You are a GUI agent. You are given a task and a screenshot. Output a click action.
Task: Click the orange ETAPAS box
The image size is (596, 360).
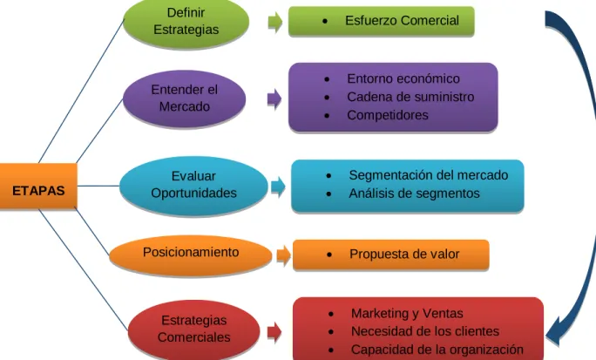(38, 187)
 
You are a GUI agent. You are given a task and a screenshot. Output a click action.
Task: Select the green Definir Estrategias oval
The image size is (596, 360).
(186, 22)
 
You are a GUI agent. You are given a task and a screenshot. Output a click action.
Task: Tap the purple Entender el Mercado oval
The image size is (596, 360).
(185, 98)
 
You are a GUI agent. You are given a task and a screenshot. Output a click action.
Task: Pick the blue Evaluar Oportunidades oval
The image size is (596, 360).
(193, 187)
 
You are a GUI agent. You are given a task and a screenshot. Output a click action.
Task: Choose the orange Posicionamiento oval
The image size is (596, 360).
(191, 255)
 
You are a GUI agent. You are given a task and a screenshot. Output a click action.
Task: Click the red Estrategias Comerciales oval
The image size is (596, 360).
(193, 330)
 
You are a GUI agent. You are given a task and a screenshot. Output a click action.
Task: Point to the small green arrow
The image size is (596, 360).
(275, 23)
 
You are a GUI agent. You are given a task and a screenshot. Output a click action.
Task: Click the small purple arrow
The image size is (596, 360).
(274, 99)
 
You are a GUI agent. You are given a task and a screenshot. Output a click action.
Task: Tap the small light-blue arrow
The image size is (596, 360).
(278, 187)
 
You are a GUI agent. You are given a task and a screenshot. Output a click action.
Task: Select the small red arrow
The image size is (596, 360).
(274, 331)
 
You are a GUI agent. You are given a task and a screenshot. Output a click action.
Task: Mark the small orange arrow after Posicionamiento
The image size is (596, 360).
(283, 255)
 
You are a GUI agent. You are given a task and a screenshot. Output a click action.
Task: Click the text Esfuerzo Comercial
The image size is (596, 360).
(402, 21)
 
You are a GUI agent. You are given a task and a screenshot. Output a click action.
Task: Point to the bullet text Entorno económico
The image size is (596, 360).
(403, 78)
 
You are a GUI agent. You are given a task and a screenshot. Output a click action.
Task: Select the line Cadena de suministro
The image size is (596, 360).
(410, 97)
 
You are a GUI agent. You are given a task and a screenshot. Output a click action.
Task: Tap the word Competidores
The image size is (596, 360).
(388, 115)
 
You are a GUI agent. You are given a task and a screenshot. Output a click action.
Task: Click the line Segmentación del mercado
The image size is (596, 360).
(429, 175)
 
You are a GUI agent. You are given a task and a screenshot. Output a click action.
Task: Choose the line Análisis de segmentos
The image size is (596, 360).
(414, 194)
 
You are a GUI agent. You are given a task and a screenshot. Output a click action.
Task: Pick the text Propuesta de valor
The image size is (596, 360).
(404, 254)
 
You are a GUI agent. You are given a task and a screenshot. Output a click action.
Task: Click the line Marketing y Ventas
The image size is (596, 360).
(407, 313)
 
